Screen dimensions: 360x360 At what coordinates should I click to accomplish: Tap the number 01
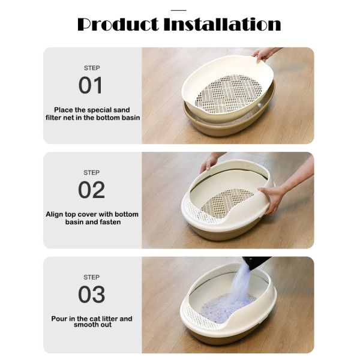91,85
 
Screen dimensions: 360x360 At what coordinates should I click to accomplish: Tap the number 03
91,295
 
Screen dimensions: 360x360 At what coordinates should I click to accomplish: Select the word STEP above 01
91,68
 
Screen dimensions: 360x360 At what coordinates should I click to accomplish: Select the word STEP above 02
91,173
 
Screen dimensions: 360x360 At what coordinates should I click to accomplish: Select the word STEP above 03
91,277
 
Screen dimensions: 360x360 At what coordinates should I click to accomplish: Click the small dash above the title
179,10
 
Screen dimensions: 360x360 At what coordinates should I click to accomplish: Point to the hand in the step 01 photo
265,53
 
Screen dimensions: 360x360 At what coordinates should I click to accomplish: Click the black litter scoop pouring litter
256,263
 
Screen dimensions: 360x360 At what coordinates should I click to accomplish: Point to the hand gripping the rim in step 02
274,197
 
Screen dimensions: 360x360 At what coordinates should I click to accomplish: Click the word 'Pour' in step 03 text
59,319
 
